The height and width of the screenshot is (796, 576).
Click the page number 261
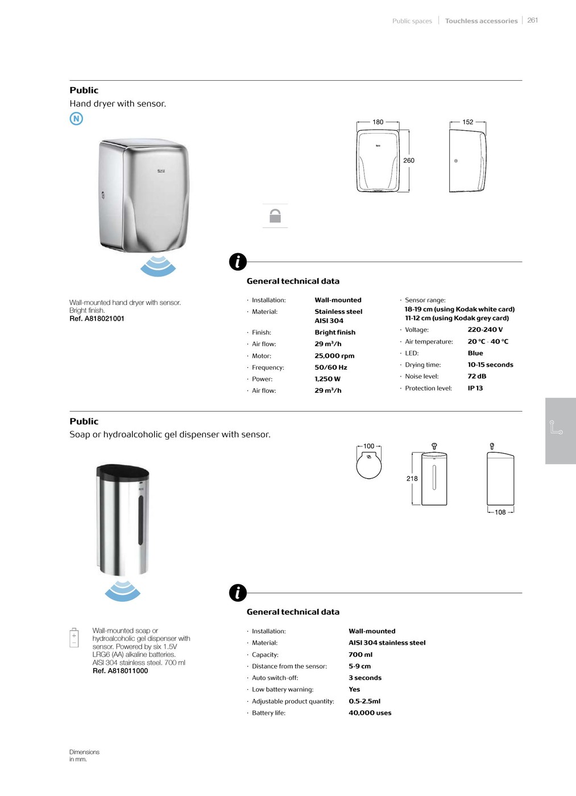click(532, 20)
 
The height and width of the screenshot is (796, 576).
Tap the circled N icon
click(76, 118)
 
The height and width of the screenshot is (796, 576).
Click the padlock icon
click(275, 215)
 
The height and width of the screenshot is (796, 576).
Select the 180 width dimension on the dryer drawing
click(378, 122)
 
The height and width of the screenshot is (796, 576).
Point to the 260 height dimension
click(409, 160)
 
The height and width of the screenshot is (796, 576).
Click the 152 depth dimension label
click(467, 122)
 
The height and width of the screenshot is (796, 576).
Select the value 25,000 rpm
click(334, 356)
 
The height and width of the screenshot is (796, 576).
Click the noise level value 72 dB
click(476, 376)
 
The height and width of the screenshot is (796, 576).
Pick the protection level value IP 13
click(475, 388)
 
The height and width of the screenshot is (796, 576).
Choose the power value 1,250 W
click(328, 379)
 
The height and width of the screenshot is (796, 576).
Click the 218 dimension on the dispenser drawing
click(412, 479)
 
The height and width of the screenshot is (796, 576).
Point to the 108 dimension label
click(500, 512)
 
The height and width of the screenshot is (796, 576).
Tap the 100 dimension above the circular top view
click(368, 446)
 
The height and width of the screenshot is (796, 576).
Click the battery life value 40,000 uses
click(370, 713)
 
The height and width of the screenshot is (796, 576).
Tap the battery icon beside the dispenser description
click(74, 637)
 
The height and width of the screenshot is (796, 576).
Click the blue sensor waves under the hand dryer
click(158, 266)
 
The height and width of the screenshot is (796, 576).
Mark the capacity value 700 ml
click(360, 654)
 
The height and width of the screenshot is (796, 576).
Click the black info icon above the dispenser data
click(238, 592)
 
